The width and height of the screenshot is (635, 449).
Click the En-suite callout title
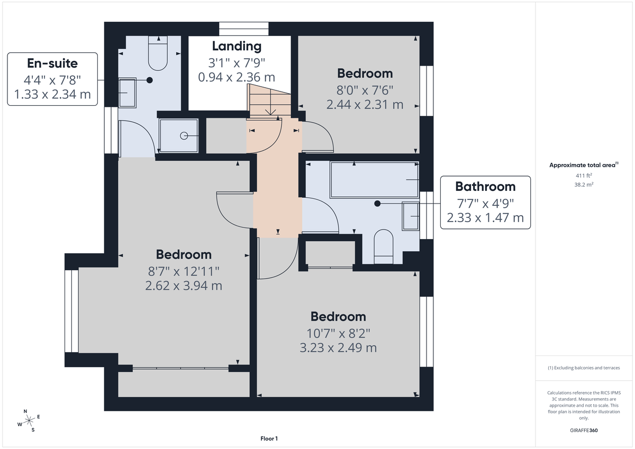(52, 63)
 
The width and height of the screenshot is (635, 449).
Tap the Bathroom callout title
(485, 186)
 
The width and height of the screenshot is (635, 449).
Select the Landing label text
(237, 46)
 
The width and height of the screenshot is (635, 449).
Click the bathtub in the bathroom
(374, 180)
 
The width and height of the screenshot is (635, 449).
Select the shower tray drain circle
(184, 136)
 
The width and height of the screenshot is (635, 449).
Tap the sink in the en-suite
(127, 93)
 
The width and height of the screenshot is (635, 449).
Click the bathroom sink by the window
(411, 216)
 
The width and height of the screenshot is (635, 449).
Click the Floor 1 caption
(269, 438)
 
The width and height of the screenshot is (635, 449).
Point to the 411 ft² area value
(584, 175)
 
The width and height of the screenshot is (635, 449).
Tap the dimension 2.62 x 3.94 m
(184, 286)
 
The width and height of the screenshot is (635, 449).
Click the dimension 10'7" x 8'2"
(338, 333)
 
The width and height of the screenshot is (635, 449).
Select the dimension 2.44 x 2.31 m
(365, 105)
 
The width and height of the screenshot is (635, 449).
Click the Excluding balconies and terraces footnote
(584, 368)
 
